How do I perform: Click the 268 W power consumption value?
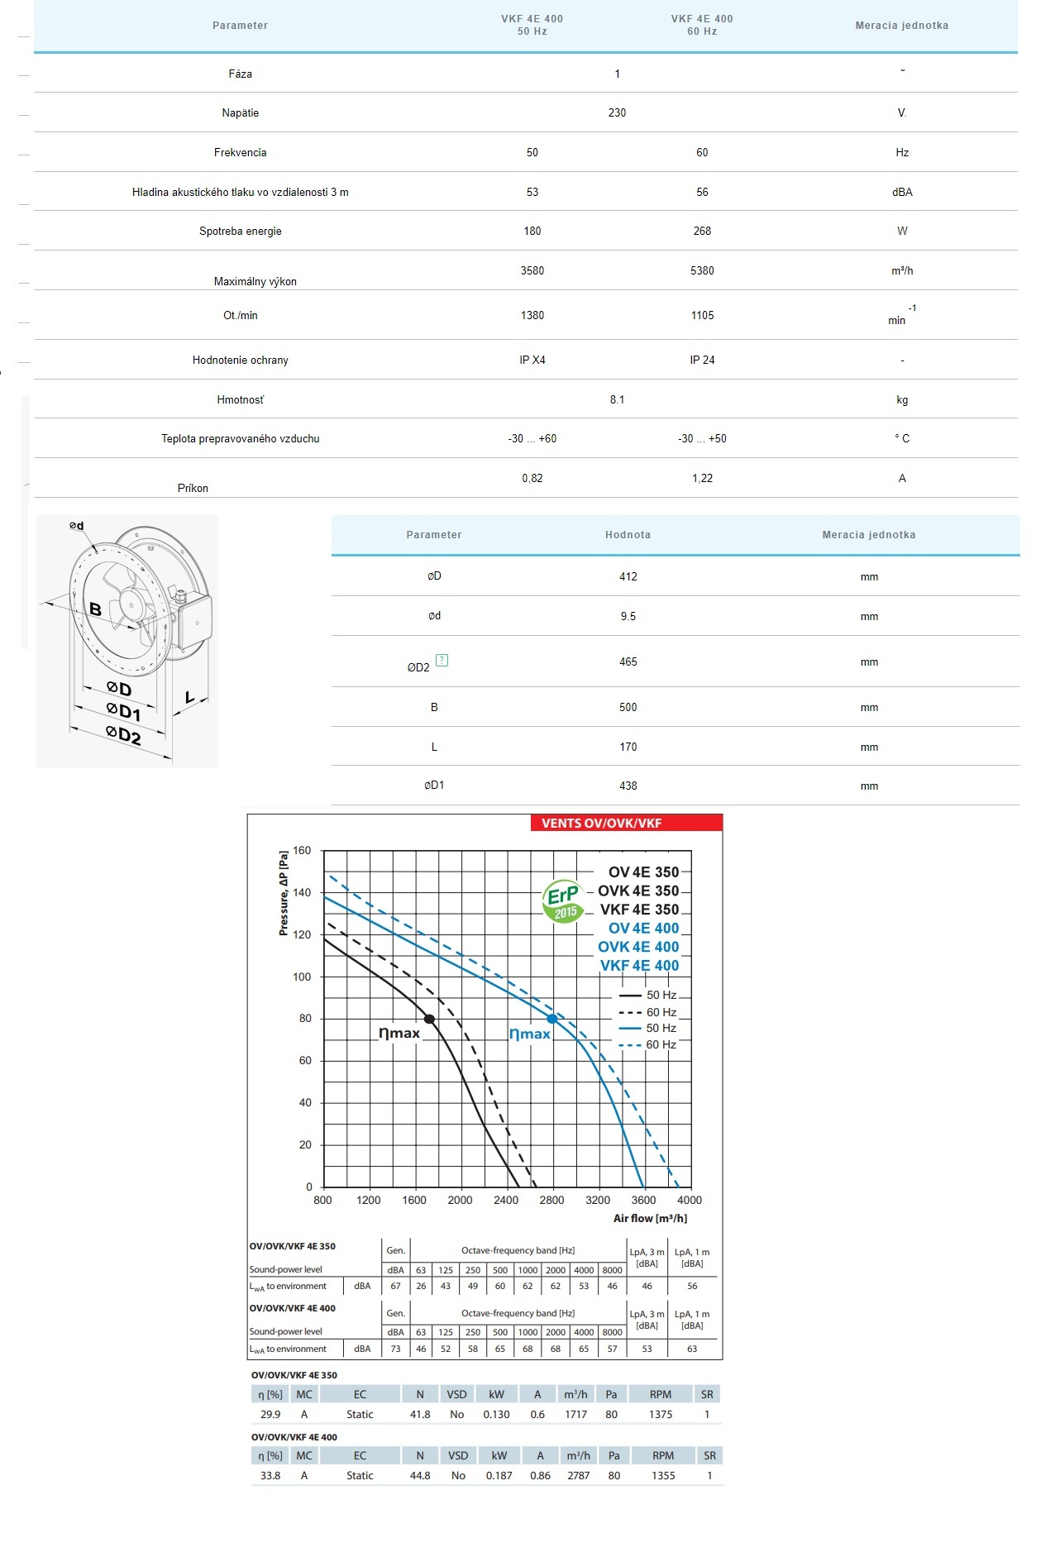702,231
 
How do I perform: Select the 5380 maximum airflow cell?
702,270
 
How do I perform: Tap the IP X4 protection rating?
532,360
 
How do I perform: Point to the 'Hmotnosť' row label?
240,399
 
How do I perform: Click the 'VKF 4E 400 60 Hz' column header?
702,25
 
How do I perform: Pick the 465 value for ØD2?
628,661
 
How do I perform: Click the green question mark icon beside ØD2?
442,660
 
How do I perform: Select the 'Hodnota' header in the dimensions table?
628,535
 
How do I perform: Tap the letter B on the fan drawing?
96,609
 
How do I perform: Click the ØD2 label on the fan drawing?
123,734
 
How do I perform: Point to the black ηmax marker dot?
429,1019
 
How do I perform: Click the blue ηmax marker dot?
552,1019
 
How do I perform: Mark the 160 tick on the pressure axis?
302,850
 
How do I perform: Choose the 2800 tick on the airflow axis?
551,1200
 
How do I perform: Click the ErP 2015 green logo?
562,901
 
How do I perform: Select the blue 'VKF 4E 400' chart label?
639,965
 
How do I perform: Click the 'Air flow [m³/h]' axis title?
650,1218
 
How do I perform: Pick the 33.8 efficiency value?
270,1475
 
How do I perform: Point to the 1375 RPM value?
660,1414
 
